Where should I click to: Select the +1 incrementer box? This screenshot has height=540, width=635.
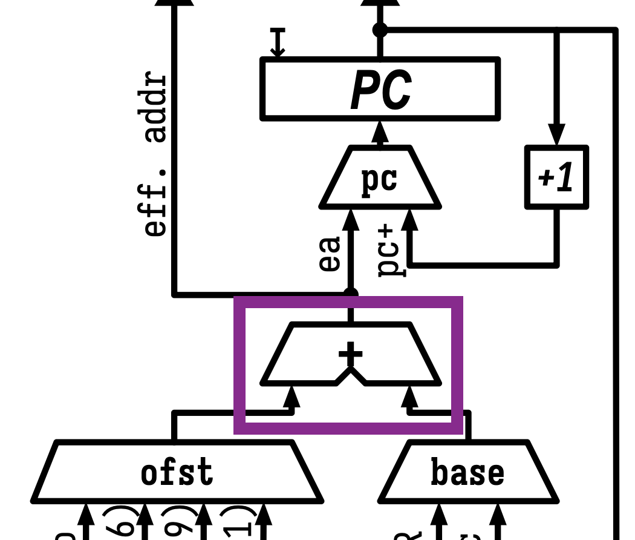click(x=556, y=177)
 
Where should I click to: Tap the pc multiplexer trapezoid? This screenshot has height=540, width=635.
click(x=380, y=179)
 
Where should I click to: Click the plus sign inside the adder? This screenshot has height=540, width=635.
click(x=350, y=354)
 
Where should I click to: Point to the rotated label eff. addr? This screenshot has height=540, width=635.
click(x=155, y=154)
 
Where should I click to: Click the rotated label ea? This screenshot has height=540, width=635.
click(x=330, y=254)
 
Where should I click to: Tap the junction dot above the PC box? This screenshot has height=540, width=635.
click(x=380, y=29)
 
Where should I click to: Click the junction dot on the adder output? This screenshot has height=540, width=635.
click(x=350, y=294)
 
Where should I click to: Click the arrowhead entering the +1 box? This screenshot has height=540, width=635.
click(x=556, y=134)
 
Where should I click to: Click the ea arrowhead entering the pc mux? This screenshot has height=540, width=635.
click(x=350, y=219)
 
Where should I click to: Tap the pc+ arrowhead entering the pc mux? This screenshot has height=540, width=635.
click(x=409, y=219)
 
